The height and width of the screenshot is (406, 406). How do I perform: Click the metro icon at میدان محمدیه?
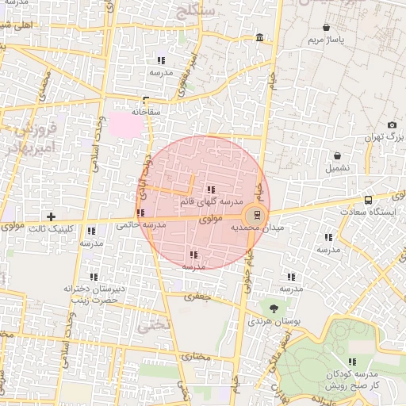(255, 214)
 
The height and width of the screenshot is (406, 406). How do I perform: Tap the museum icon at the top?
(261, 39)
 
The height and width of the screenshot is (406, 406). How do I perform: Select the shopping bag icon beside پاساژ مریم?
(326, 28)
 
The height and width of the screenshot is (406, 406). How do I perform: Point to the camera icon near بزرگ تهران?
(392, 125)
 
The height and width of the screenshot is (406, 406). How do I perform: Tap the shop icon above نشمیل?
(339, 155)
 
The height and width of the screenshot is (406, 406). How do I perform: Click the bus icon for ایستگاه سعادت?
(368, 200)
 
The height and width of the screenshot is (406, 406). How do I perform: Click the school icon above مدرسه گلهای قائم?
(210, 189)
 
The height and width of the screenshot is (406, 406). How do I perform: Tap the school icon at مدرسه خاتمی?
(140, 213)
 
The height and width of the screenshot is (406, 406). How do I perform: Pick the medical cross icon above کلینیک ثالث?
(52, 216)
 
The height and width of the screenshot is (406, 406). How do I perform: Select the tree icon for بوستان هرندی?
(274, 308)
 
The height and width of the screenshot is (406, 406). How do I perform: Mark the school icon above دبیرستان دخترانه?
(94, 278)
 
